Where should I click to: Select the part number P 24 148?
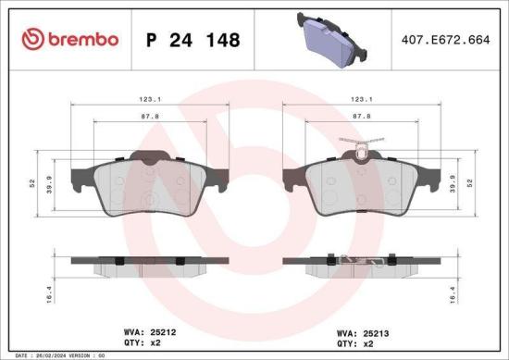pyautogui.click(x=193, y=40)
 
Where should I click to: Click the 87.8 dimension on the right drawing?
pyautogui.click(x=363, y=117)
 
